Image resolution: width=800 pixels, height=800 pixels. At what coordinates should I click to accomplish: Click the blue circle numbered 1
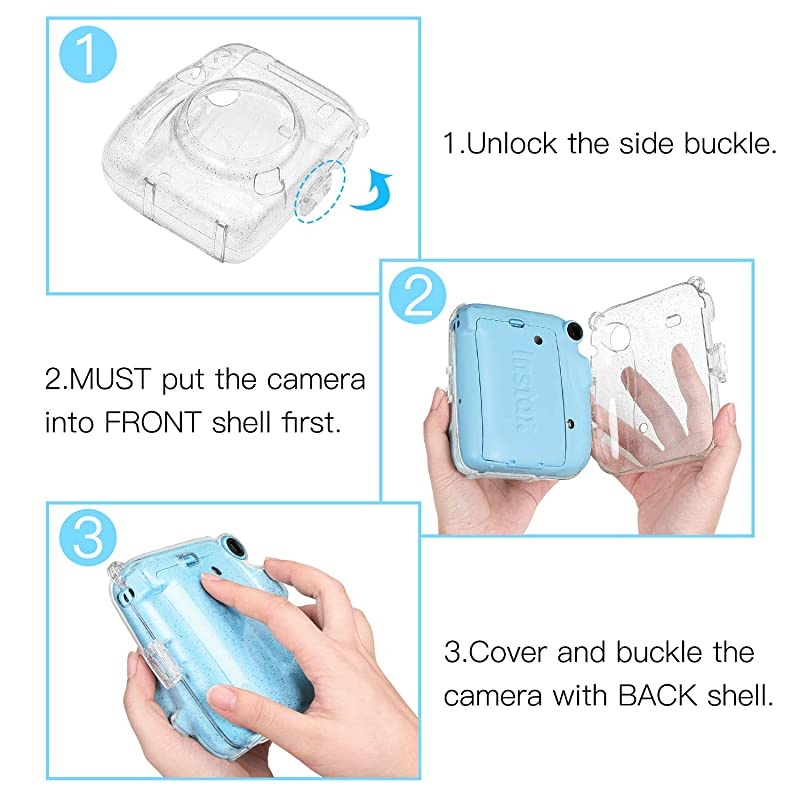(89, 56)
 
